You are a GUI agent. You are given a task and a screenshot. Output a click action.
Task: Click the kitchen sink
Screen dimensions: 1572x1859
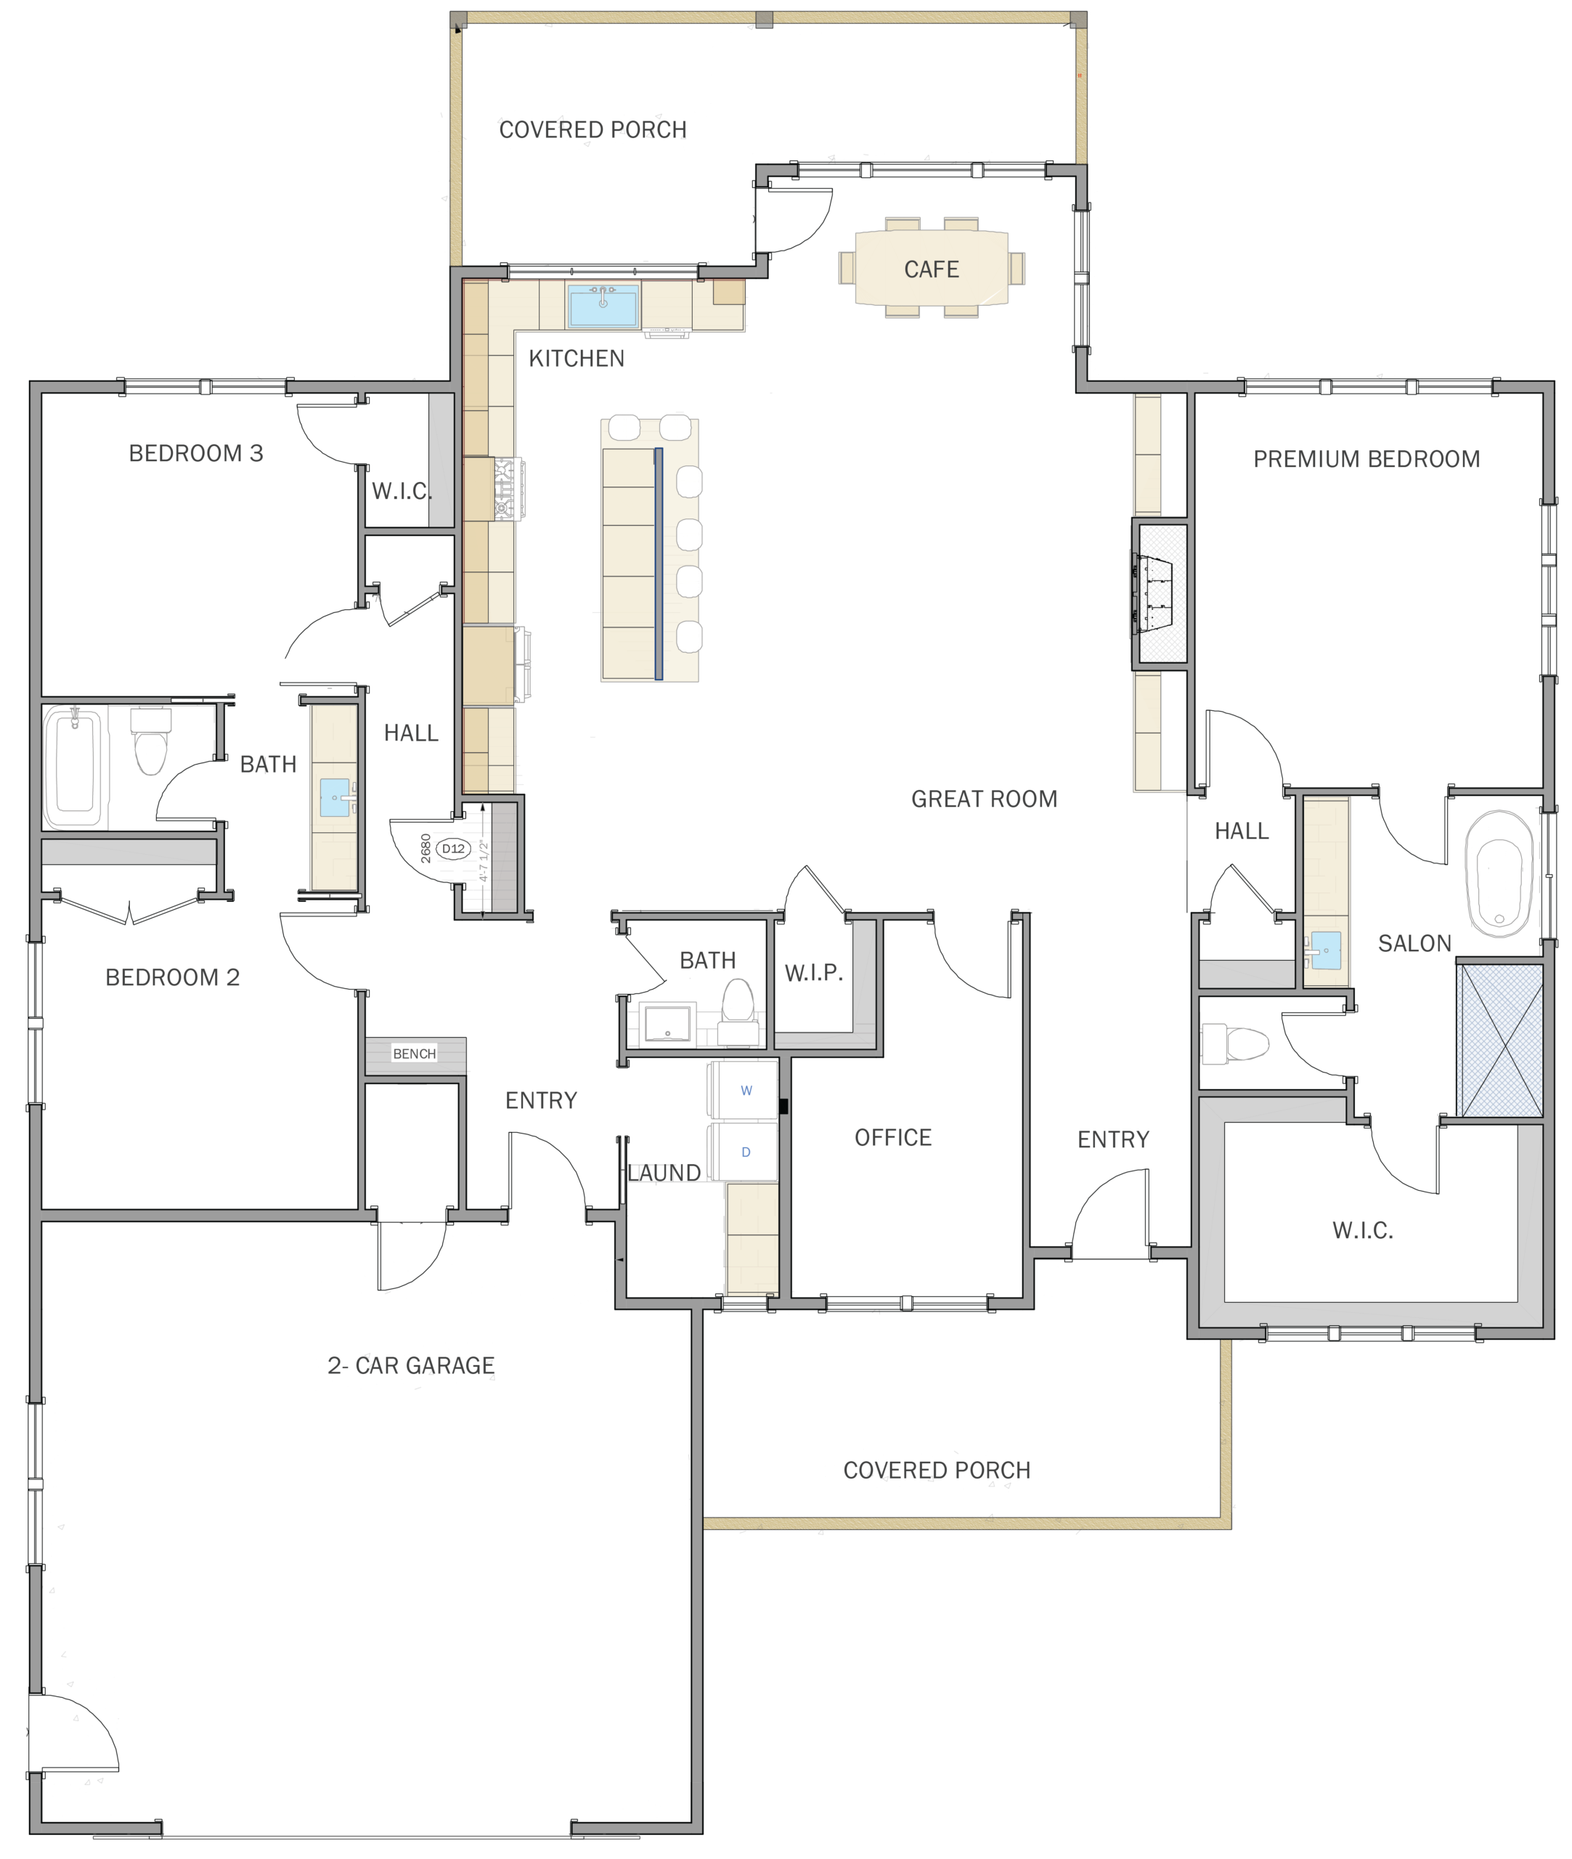[603, 306]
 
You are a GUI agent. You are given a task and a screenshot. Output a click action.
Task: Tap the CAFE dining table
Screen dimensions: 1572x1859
[932, 268]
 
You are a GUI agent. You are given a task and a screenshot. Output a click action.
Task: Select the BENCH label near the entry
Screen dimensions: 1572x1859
[415, 1054]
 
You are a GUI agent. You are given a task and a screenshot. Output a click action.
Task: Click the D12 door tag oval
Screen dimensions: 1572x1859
[454, 848]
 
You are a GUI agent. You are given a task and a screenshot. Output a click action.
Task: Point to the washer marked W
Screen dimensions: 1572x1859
[744, 1090]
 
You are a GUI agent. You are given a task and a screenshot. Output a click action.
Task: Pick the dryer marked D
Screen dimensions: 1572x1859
[744, 1152]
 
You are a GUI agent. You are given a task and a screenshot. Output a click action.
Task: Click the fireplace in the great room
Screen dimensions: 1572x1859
[1160, 592]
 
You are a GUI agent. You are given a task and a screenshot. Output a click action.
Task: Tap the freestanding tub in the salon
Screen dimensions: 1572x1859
[1499, 874]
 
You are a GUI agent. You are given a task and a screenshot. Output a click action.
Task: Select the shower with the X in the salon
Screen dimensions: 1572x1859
[1500, 1039]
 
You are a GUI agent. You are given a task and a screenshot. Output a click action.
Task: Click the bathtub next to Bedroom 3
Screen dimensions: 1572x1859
[75, 766]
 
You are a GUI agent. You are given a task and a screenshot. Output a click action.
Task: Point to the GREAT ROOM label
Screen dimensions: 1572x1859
[984, 799]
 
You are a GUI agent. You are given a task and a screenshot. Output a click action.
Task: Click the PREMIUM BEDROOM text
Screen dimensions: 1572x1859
[1366, 459]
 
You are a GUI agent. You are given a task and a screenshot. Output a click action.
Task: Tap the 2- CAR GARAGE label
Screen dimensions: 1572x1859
[411, 1365]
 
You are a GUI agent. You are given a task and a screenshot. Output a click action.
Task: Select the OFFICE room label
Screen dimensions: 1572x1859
[893, 1137]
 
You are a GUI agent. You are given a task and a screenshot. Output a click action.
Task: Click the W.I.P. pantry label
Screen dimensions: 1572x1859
[814, 973]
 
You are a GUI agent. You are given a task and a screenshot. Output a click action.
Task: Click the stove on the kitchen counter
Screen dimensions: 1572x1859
[509, 489]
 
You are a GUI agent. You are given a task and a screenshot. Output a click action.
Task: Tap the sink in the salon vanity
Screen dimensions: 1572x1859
[1324, 951]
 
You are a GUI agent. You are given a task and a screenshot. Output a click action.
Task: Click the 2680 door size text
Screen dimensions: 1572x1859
[426, 848]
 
